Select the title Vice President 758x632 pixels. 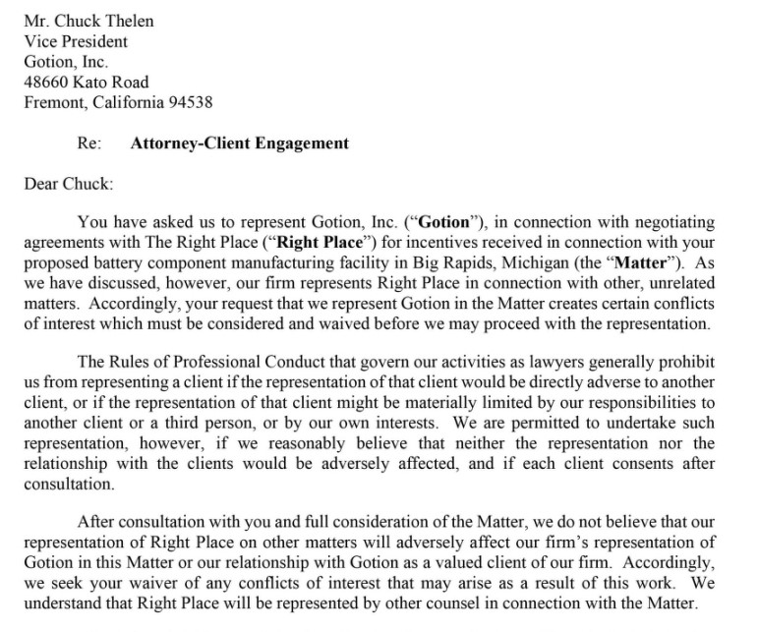76,41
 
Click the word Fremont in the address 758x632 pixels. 55,102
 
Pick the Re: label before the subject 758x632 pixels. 89,143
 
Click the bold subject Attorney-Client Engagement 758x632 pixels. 239,143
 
